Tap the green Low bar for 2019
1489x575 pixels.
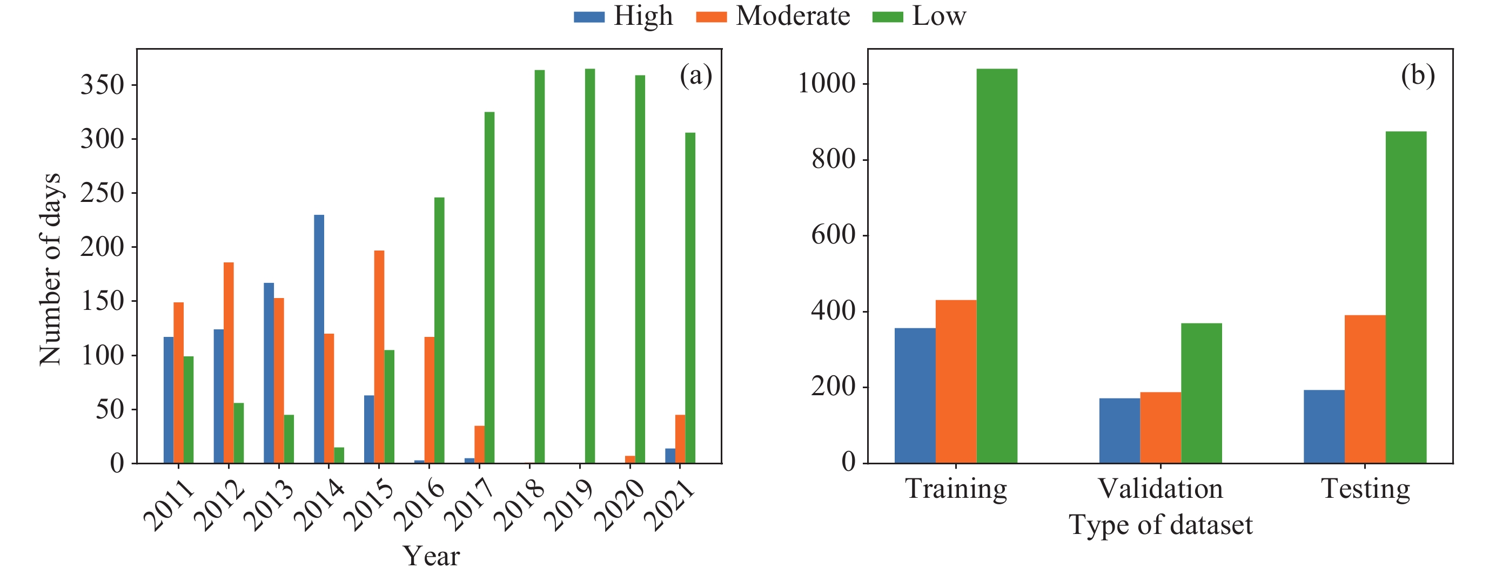coord(589,266)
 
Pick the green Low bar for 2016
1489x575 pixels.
coord(439,330)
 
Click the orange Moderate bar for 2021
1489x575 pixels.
coord(680,438)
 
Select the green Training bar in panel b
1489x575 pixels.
coord(996,266)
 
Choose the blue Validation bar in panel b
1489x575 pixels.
coord(1119,430)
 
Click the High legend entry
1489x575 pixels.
coord(624,16)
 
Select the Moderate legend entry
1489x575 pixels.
coord(773,16)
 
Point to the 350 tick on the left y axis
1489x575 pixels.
coord(102,85)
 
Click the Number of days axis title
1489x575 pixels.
coord(50,269)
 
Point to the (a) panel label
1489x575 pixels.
coord(696,76)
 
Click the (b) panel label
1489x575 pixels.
coord(1417,76)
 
